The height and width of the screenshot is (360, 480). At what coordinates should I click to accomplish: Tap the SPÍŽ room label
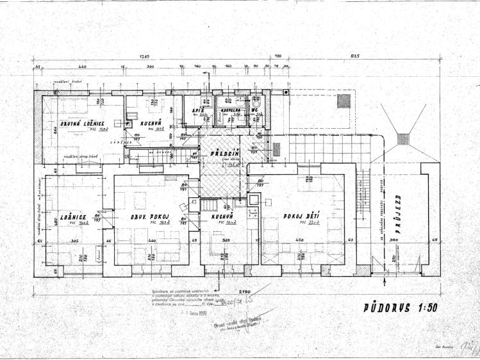point(198,110)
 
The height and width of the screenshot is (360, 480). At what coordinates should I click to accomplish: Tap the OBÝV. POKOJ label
point(149,218)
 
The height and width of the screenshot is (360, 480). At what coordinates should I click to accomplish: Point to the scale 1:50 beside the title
point(422,307)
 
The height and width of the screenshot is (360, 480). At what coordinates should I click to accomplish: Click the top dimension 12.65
point(142,58)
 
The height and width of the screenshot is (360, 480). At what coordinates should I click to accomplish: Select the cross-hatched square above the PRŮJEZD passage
point(403,138)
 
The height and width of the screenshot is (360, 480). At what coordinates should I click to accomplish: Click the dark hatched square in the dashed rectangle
point(344,101)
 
